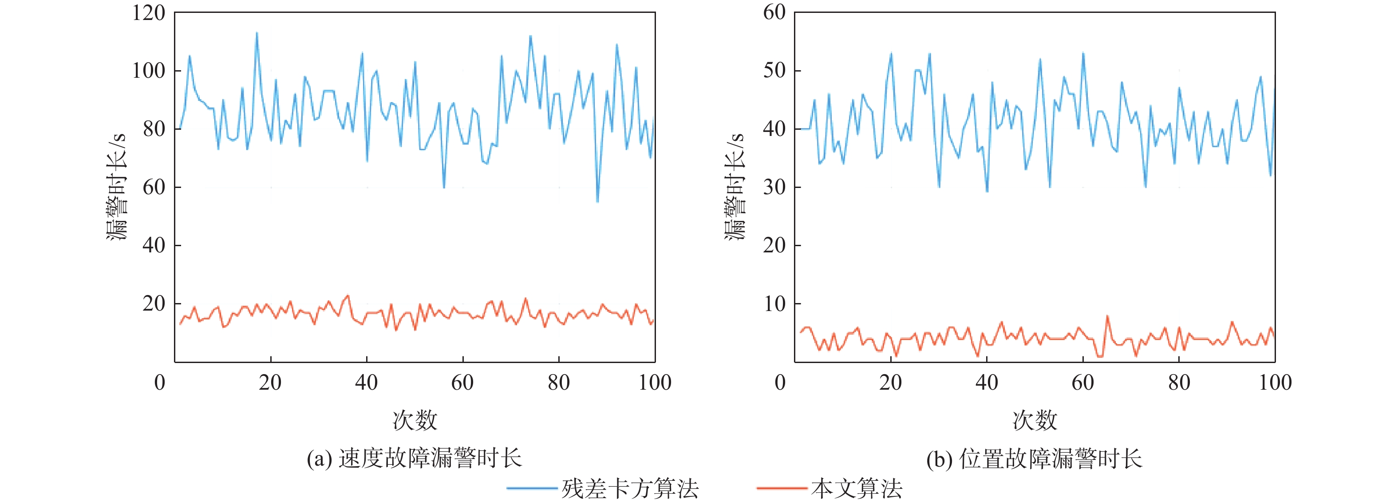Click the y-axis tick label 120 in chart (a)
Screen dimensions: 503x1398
point(149,12)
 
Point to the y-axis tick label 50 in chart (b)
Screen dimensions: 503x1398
point(774,71)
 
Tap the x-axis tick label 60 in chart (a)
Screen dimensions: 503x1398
point(462,383)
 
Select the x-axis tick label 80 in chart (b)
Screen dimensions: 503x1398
point(1179,383)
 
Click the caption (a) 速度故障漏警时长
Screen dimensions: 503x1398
point(414,459)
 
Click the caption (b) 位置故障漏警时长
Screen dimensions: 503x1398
point(1035,459)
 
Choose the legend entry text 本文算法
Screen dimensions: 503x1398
point(857,489)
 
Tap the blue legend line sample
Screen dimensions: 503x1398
point(532,488)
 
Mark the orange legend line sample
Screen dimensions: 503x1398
point(782,488)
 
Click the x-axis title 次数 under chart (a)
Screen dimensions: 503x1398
point(415,420)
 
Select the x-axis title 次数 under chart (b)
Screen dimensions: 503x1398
point(1035,420)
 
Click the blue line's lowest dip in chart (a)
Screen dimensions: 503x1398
point(597,201)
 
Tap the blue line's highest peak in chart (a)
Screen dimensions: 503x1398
point(257,33)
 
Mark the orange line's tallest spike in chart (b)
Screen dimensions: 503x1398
point(1107,316)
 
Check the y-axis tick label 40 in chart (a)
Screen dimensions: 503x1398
point(154,246)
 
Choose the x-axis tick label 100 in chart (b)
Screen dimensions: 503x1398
point(1275,383)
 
